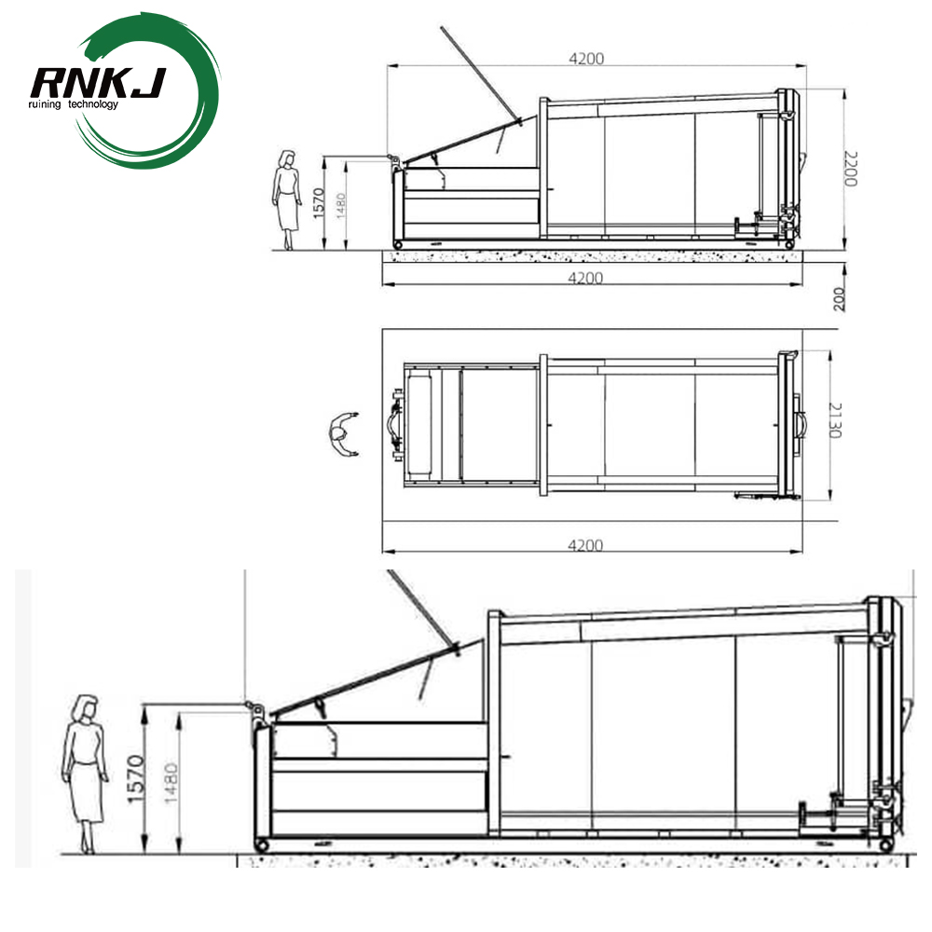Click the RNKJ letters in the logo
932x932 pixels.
click(x=98, y=83)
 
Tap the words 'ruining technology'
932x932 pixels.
click(x=75, y=104)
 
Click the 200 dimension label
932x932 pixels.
click(x=840, y=298)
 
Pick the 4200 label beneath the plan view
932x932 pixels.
click(x=585, y=545)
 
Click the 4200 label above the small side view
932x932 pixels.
click(x=587, y=58)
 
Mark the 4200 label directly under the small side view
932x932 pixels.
click(x=585, y=278)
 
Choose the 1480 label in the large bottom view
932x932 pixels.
click(x=170, y=781)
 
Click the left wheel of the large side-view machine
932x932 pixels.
click(x=262, y=843)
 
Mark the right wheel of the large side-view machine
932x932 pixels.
click(x=884, y=844)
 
